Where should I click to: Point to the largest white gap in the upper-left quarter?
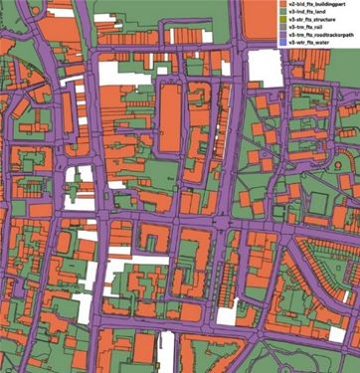pos(76,184)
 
